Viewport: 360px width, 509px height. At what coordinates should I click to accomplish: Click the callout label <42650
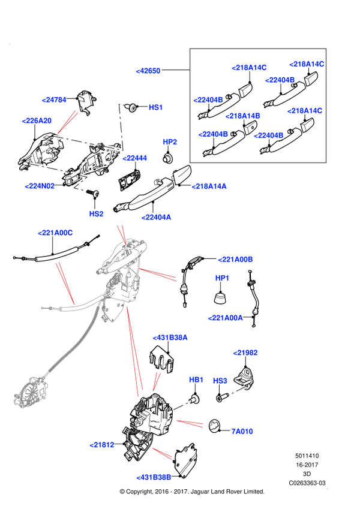click(x=148, y=71)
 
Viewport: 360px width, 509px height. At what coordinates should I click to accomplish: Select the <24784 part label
click(x=54, y=100)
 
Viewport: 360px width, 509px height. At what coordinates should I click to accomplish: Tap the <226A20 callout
click(x=37, y=121)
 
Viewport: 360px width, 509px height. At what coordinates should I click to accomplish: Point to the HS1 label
click(x=156, y=107)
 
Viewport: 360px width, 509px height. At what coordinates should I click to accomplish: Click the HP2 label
click(x=170, y=142)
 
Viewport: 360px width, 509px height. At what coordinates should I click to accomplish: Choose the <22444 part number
click(x=135, y=158)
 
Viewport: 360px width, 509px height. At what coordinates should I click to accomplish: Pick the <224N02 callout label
click(x=40, y=186)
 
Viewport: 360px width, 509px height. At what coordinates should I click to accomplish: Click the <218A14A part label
click(x=209, y=186)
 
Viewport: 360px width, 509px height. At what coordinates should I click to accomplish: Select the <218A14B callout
click(x=243, y=116)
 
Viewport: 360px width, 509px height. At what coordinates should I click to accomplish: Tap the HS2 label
click(x=97, y=213)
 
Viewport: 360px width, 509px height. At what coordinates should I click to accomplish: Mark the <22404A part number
click(x=157, y=217)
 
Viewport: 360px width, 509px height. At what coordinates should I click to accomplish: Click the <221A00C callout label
click(x=55, y=233)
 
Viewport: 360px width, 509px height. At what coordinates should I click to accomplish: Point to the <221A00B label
click(x=235, y=260)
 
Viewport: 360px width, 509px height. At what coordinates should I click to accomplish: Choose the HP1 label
click(x=222, y=278)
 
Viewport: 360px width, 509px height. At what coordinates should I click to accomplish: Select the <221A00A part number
click(x=226, y=318)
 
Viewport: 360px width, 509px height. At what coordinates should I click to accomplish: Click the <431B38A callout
click(x=170, y=338)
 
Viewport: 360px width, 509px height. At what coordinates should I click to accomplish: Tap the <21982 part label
click(x=245, y=353)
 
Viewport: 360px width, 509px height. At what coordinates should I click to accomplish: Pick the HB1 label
click(x=196, y=380)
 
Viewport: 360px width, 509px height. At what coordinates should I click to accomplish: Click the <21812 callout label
click(x=102, y=445)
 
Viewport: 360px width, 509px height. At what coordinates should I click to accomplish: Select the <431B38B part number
click(x=154, y=477)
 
